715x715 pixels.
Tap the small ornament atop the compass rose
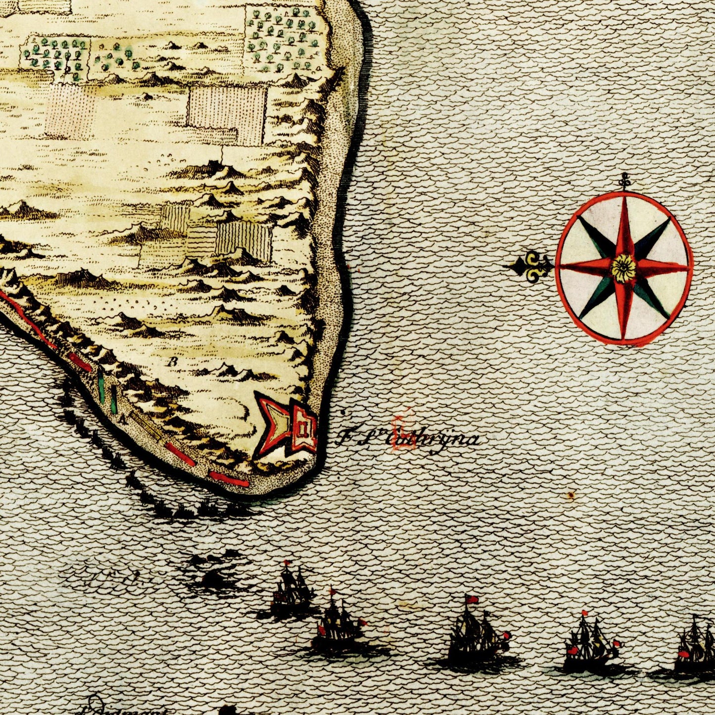[x=625, y=182]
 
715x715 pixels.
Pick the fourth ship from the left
[x=589, y=641]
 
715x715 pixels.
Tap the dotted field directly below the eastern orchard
[x=228, y=114]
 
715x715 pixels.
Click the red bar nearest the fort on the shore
[x=228, y=478]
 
